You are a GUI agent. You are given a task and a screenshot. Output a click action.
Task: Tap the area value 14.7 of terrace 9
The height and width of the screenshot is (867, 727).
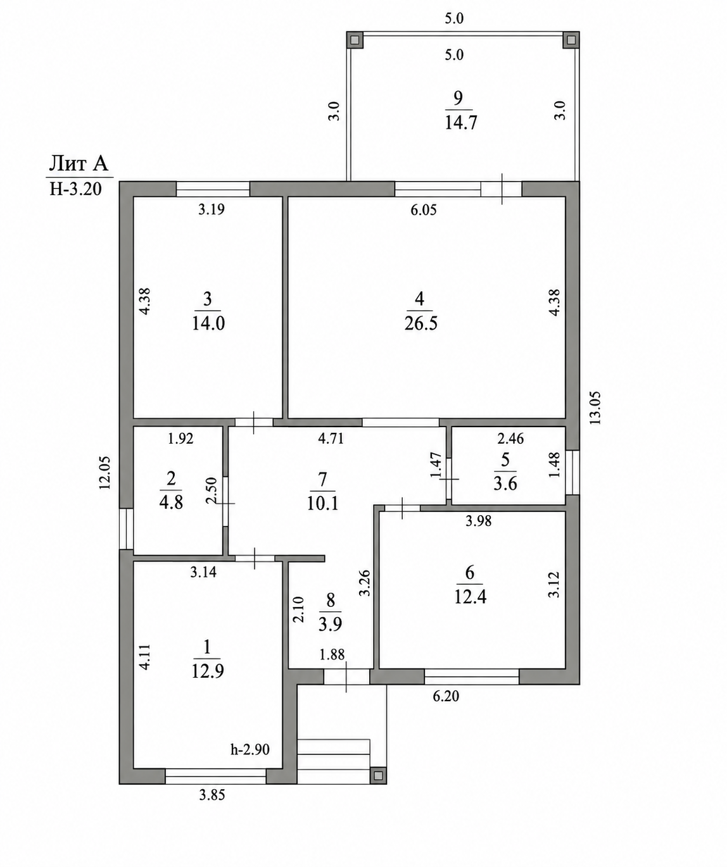click(x=461, y=123)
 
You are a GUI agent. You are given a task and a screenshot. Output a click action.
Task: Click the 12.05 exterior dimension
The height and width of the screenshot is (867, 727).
click(x=105, y=473)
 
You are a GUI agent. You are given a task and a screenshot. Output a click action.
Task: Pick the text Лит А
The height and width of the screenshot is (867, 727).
click(x=79, y=164)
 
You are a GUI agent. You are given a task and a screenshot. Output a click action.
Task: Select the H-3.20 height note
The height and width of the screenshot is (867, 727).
click(x=75, y=189)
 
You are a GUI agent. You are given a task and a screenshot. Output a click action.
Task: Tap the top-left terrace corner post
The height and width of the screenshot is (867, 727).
click(x=355, y=40)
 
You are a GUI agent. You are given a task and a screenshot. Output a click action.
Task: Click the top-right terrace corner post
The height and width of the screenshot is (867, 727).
click(x=571, y=40)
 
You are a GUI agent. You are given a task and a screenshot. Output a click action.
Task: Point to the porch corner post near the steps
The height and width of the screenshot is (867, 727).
click(x=378, y=775)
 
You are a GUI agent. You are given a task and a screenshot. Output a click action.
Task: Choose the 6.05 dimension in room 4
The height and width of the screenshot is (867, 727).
click(x=424, y=210)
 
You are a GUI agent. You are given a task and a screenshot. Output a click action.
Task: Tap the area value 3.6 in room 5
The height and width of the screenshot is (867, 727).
click(x=505, y=484)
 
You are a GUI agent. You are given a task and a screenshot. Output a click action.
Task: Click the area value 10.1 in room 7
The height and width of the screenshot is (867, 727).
click(x=323, y=504)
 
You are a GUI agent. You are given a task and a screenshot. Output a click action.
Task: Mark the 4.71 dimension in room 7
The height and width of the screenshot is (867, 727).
click(x=331, y=439)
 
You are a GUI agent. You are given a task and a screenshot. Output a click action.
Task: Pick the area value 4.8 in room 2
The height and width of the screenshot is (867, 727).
click(x=171, y=503)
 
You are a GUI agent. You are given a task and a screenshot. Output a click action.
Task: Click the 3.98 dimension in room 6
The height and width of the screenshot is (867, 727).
click(x=478, y=521)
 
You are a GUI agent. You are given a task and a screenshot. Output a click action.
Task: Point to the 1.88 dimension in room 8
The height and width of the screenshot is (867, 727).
click(x=332, y=654)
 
